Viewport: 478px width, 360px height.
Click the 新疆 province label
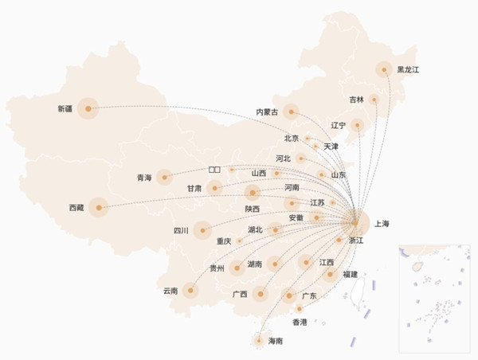[x=65, y=108]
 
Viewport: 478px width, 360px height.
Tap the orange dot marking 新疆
[x=87, y=108]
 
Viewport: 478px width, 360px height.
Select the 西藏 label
[x=76, y=208]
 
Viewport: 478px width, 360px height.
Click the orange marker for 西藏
[x=98, y=208]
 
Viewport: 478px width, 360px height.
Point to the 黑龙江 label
[x=408, y=70]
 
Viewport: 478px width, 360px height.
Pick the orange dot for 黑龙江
[x=384, y=70]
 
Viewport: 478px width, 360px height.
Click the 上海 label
[x=382, y=225]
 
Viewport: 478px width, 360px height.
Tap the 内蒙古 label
[x=267, y=112]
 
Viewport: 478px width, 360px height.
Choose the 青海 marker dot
[x=165, y=177]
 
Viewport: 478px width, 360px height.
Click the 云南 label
[x=170, y=291]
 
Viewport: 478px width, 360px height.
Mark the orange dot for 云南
[x=190, y=290]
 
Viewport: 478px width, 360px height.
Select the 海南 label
[x=276, y=341]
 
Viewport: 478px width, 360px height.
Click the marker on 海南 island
[x=258, y=340]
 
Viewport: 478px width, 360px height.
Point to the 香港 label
[x=300, y=323]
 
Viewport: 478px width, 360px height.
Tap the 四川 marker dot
[x=202, y=231]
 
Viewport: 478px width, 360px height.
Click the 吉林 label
[x=356, y=100]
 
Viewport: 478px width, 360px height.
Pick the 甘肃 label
[x=194, y=189]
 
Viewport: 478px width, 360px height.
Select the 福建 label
[x=350, y=274]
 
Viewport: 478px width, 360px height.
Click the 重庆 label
[x=224, y=241]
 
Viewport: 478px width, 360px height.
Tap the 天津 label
[x=331, y=147]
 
